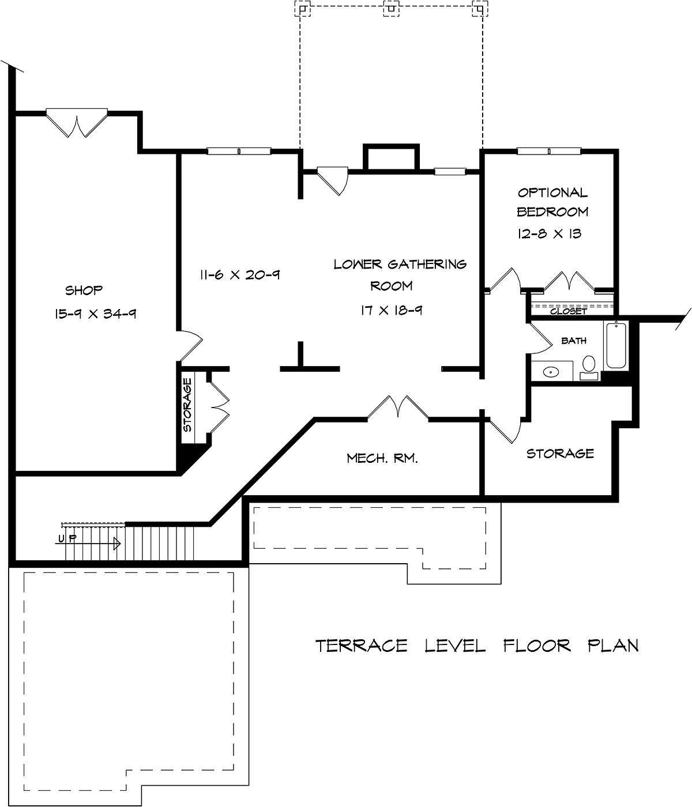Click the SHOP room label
84,290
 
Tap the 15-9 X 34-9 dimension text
95,314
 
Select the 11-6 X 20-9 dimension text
240,275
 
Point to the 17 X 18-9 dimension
392,310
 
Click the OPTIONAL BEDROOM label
552,202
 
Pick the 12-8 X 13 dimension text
550,233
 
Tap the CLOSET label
568,311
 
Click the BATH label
574,341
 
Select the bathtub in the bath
616,345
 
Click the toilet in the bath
589,367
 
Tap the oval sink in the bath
551,372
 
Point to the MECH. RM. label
382,458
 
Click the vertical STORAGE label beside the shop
187,405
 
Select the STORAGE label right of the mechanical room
560,453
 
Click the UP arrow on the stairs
88,543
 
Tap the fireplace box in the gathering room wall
392,158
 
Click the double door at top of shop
77,123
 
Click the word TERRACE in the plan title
361,646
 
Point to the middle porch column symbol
392,8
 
